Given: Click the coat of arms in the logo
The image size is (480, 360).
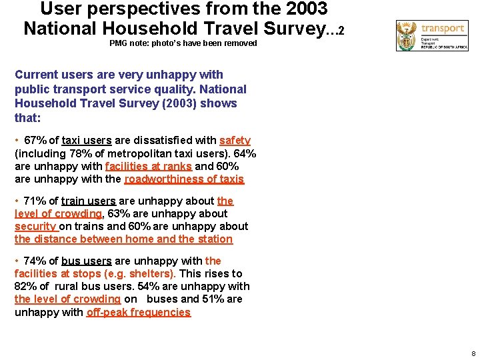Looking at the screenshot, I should pyautogui.click(x=406, y=35).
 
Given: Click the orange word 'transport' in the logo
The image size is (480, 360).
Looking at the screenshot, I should pyautogui.click(x=443, y=29).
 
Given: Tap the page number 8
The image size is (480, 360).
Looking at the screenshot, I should pyautogui.click(x=473, y=353).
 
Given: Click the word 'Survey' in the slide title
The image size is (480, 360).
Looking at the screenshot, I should pyautogui.click(x=292, y=29).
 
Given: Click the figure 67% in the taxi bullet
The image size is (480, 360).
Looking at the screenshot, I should pyautogui.click(x=35, y=141).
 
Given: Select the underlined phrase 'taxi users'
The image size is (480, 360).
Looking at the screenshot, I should pyautogui.click(x=87, y=141).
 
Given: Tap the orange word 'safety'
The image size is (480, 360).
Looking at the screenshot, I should pyautogui.click(x=235, y=141).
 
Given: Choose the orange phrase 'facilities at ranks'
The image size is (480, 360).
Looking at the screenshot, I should pyautogui.click(x=148, y=166).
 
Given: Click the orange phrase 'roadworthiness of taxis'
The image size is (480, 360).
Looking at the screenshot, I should pyautogui.click(x=184, y=179).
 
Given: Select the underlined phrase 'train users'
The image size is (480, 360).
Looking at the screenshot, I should pyautogui.click(x=89, y=201).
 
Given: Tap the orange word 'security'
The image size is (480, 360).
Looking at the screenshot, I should pyautogui.click(x=35, y=226).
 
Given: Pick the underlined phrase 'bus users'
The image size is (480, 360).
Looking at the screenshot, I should pyautogui.click(x=87, y=261).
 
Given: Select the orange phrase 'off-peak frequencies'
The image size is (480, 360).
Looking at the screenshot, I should pyautogui.click(x=139, y=312).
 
